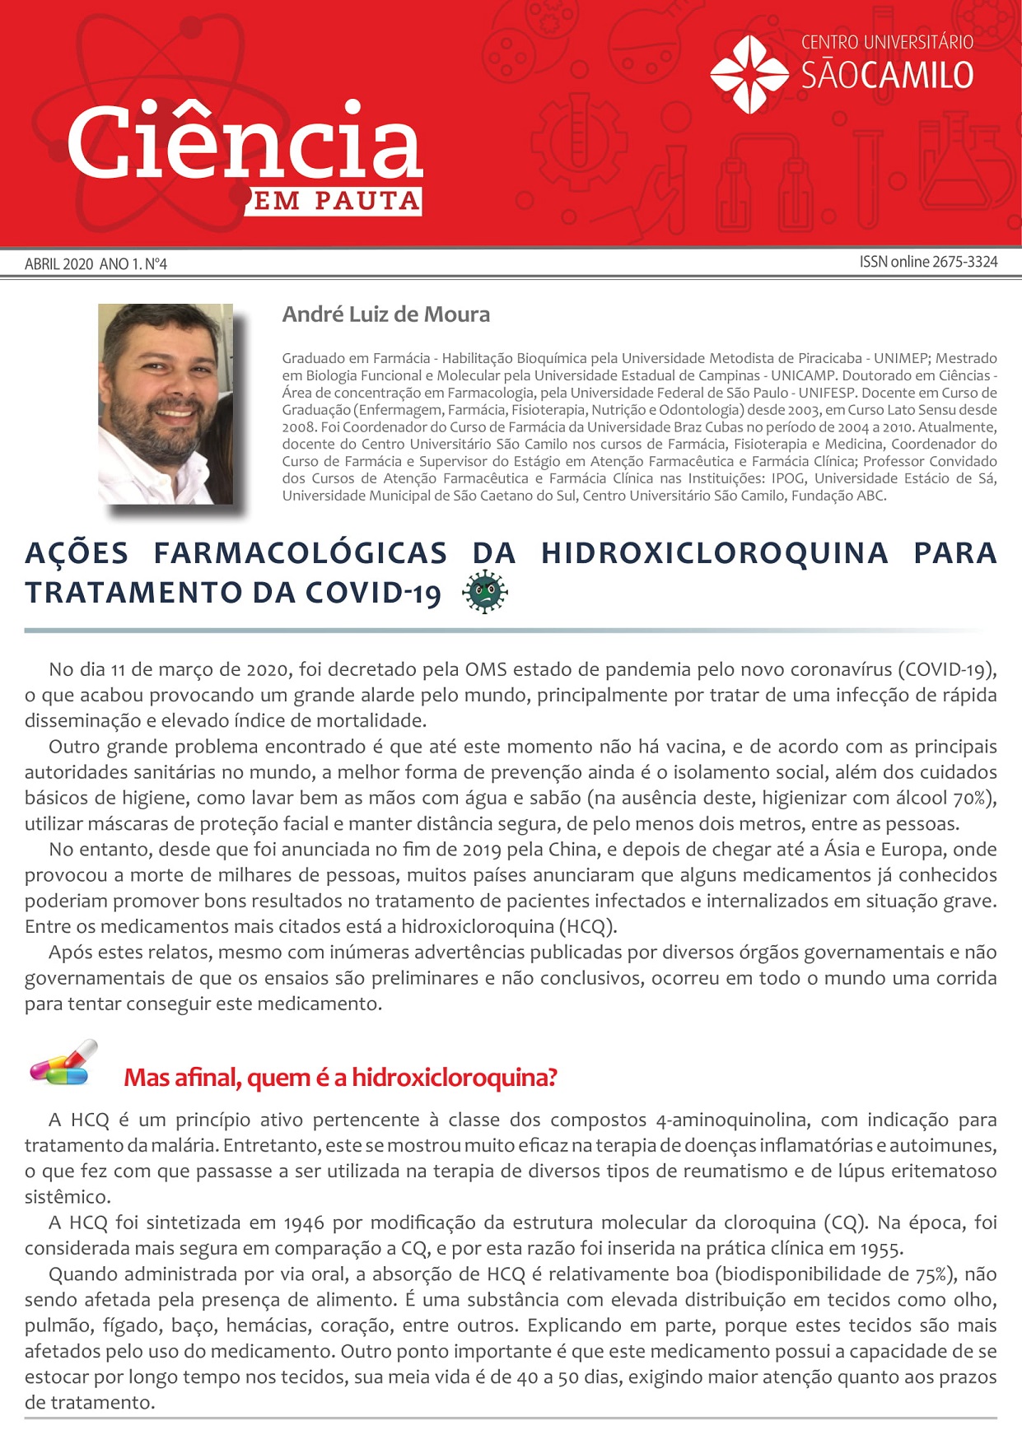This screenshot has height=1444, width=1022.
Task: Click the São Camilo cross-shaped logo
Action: (x=749, y=74)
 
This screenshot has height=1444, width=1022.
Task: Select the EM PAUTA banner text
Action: (x=336, y=201)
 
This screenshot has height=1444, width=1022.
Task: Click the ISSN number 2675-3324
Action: (x=964, y=262)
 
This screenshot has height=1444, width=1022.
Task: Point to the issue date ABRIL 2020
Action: (x=58, y=264)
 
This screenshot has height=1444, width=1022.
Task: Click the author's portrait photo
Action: (x=166, y=403)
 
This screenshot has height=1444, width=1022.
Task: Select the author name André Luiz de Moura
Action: (x=385, y=314)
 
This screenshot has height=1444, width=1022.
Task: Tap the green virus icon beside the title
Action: (x=485, y=593)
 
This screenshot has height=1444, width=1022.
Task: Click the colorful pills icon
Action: (x=63, y=1064)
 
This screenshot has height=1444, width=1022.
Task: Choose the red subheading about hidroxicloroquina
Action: (x=340, y=1077)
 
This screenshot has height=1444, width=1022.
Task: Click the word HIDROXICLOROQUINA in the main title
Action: (x=714, y=552)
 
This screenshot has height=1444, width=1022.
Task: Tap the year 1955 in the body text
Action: (x=880, y=1249)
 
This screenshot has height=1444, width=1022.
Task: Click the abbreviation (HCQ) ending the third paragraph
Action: (x=587, y=926)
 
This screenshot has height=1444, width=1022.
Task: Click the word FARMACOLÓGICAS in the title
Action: (x=300, y=552)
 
